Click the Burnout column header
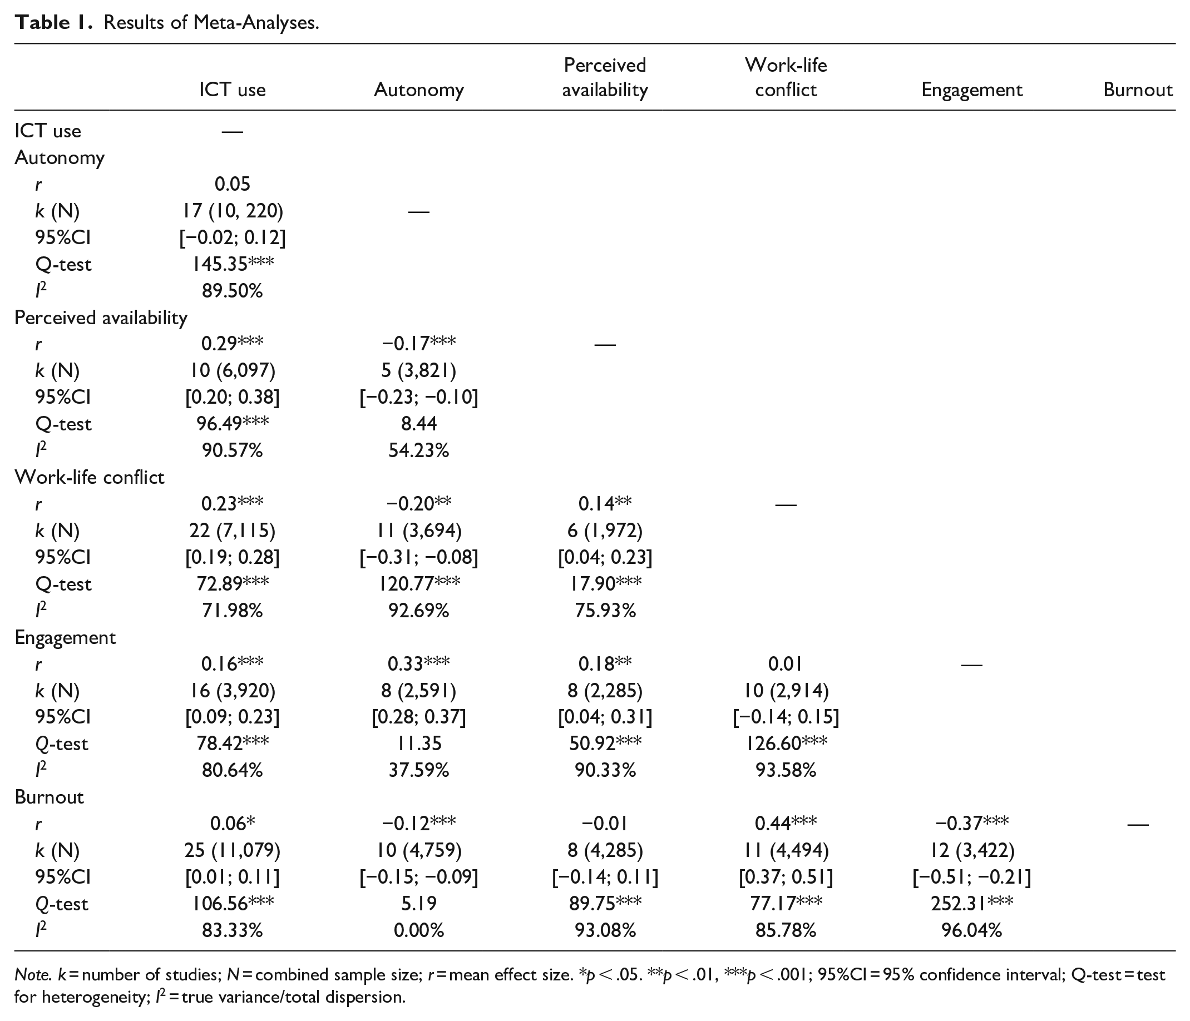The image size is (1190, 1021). pyautogui.click(x=1138, y=90)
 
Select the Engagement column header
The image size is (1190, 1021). pyautogui.click(x=972, y=90)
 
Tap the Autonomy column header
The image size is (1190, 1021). pyautogui.click(x=419, y=90)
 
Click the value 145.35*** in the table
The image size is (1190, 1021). pyautogui.click(x=233, y=264)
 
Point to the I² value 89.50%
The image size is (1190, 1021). pyautogui.click(x=232, y=291)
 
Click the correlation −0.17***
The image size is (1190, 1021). pyautogui.click(x=419, y=344)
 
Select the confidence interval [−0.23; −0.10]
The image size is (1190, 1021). pyautogui.click(x=419, y=397)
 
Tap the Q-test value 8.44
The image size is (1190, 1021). pyautogui.click(x=419, y=424)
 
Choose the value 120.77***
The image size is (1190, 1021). pyautogui.click(x=419, y=583)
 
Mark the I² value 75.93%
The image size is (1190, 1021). pyautogui.click(x=605, y=611)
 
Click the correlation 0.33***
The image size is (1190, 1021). pyautogui.click(x=419, y=663)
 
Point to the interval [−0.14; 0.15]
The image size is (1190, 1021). pyautogui.click(x=786, y=717)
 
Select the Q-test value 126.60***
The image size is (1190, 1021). pyautogui.click(x=786, y=743)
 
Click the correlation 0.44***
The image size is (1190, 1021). pyautogui.click(x=786, y=823)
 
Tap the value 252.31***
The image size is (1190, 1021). pyautogui.click(x=972, y=903)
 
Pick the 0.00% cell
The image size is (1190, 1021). pyautogui.click(x=419, y=930)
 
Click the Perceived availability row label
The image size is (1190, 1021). pyautogui.click(x=101, y=318)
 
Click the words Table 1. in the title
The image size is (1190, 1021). pyautogui.click(x=53, y=22)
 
